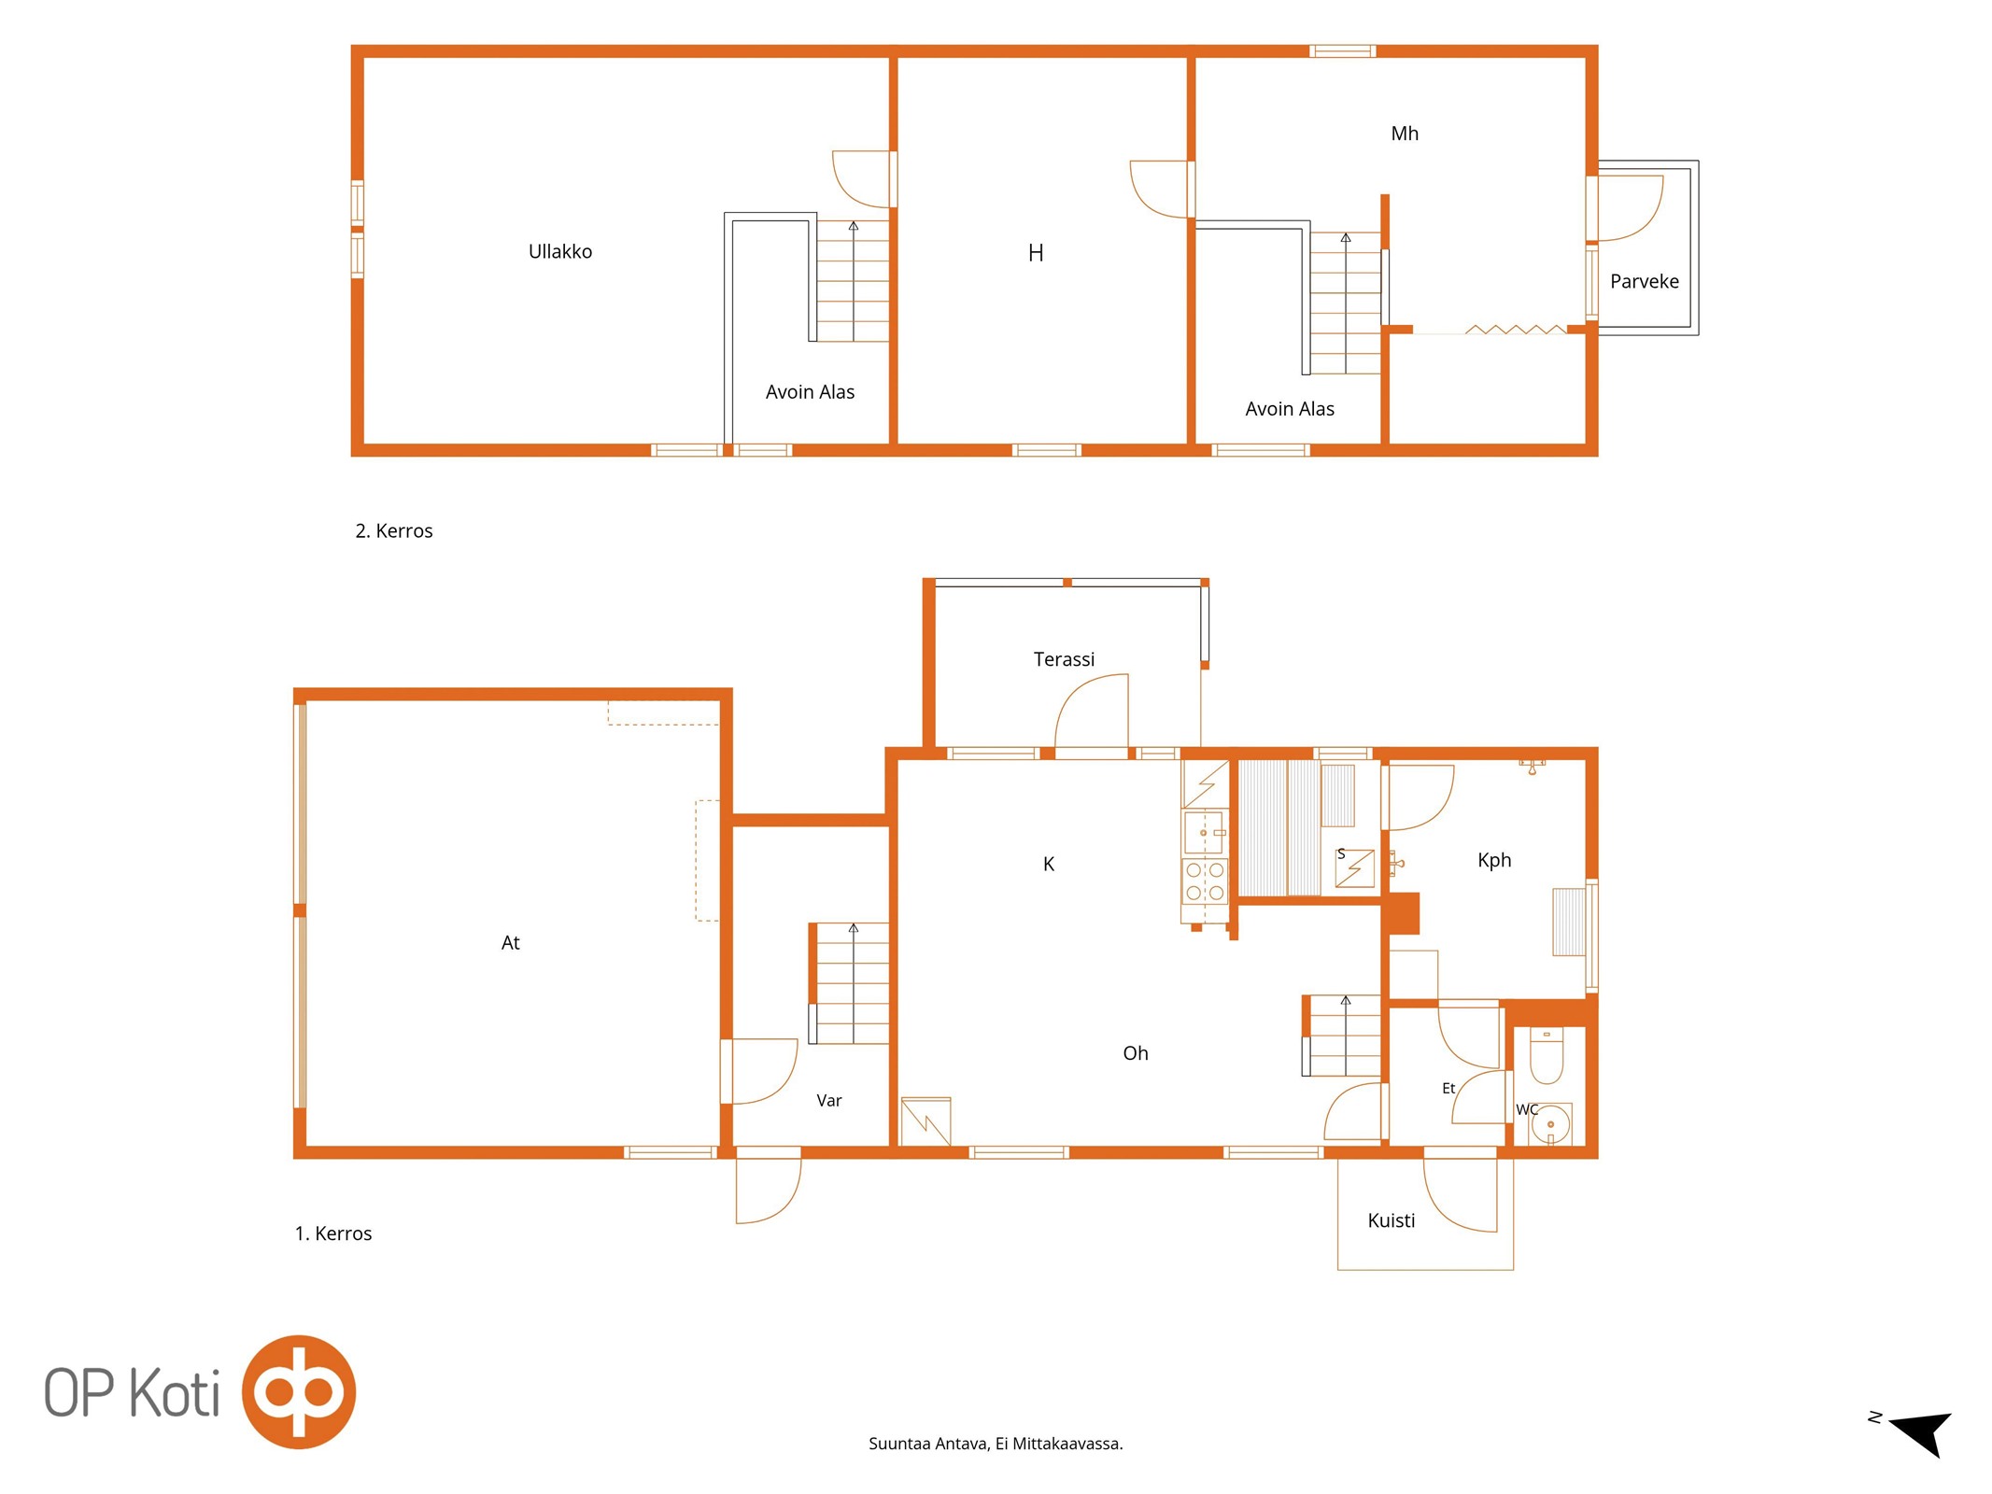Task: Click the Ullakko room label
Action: [x=560, y=251]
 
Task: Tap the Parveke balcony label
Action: [x=1644, y=281]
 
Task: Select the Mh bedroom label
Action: [x=1404, y=134]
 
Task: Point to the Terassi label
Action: [x=1064, y=659]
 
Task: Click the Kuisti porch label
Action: [x=1391, y=1220]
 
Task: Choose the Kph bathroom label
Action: [x=1493, y=860]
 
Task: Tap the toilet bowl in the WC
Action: [x=1547, y=1056]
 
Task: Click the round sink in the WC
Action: [x=1550, y=1124]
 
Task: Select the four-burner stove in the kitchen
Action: [x=1205, y=881]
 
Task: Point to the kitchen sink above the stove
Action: [x=1204, y=832]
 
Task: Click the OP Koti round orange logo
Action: [x=299, y=1391]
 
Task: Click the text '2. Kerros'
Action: [x=393, y=530]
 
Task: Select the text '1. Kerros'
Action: [x=332, y=1233]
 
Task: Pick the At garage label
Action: [x=510, y=943]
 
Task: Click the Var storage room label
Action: [x=828, y=1101]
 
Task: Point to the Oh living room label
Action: [x=1135, y=1053]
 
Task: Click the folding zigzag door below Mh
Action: [x=1515, y=329]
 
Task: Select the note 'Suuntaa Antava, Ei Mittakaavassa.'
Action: [x=996, y=1444]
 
